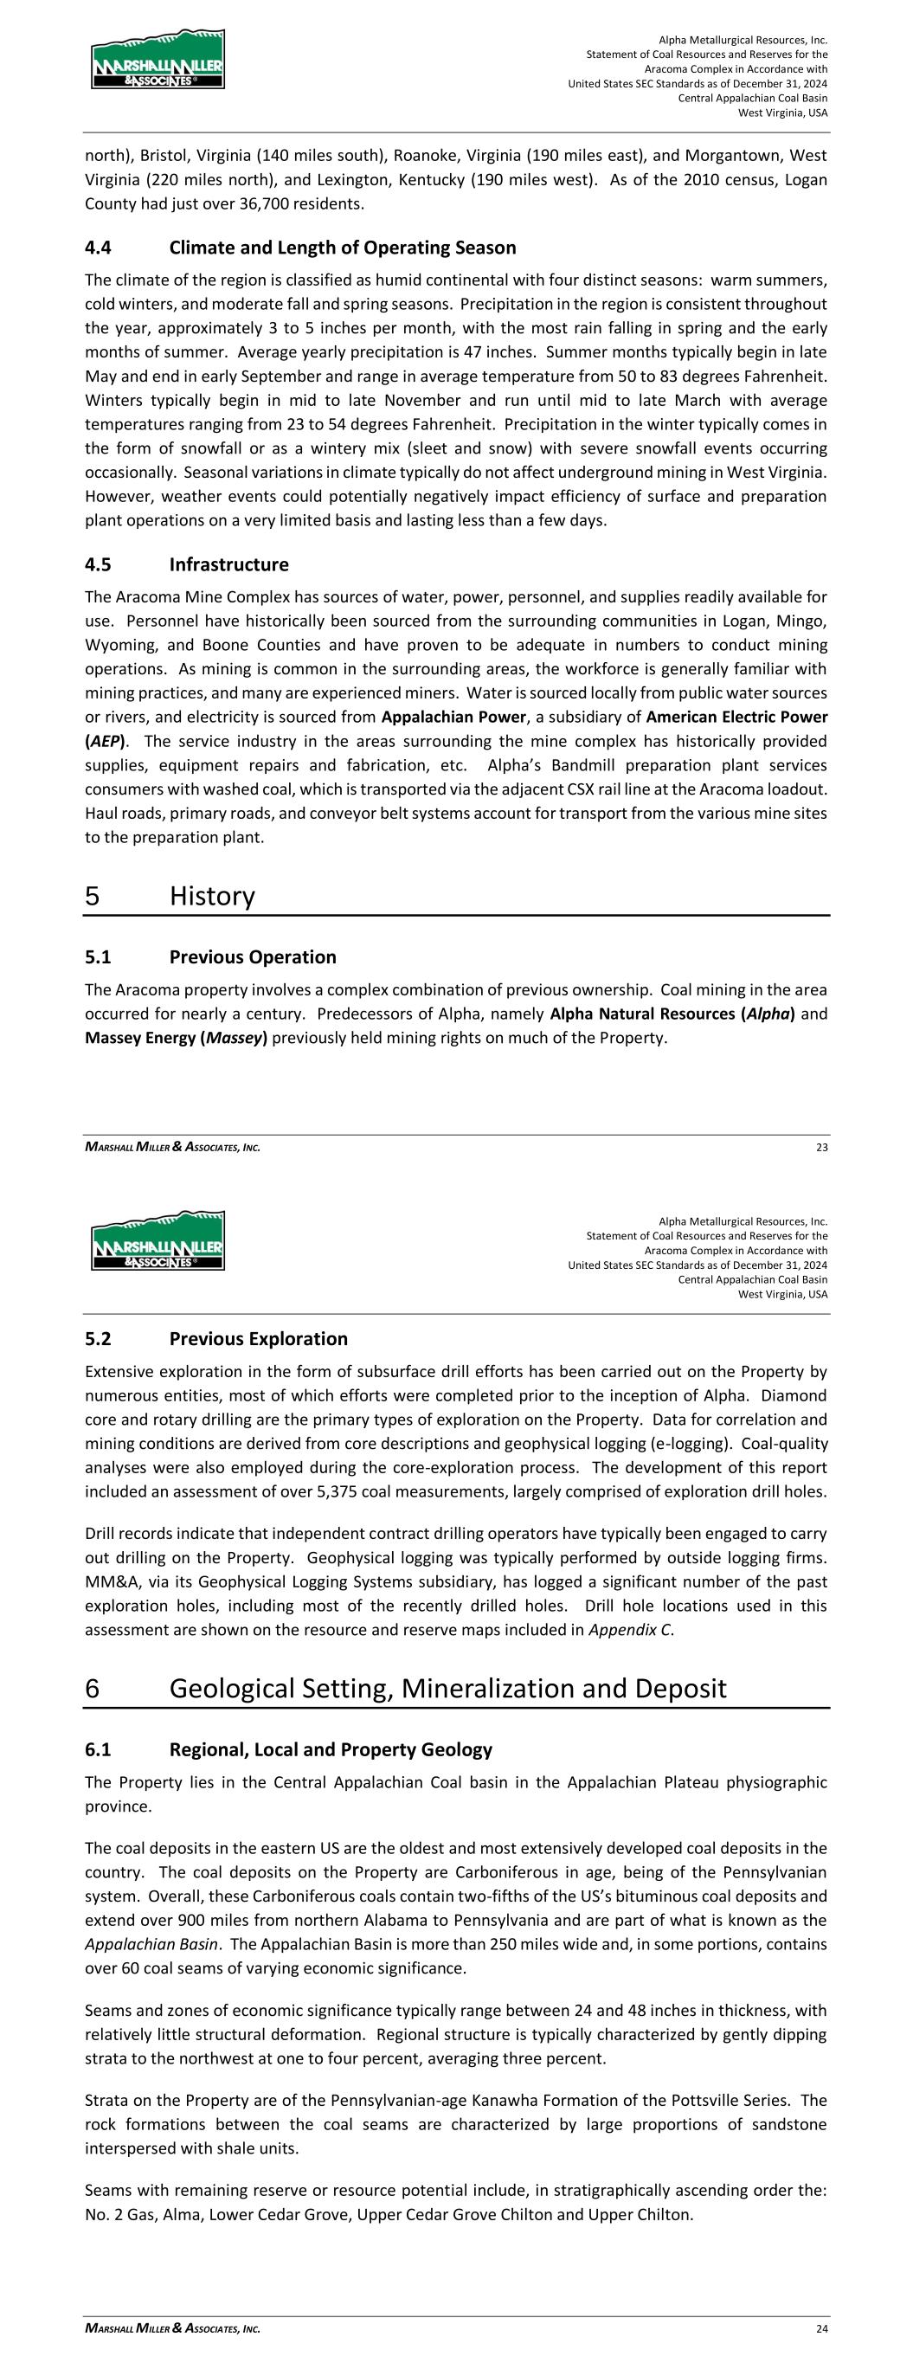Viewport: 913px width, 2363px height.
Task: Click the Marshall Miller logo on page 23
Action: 157,60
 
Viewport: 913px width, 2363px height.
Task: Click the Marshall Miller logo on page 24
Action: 157,1240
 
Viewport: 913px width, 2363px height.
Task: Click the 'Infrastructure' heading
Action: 228,564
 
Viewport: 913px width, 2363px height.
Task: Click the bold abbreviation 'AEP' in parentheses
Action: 105,741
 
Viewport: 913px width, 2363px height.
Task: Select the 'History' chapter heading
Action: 212,896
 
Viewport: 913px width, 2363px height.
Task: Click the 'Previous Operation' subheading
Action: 253,957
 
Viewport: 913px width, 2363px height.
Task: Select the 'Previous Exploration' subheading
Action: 258,1339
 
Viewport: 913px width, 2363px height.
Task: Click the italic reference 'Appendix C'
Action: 628,1630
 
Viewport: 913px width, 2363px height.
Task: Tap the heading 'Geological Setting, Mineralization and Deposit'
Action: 447,1689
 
